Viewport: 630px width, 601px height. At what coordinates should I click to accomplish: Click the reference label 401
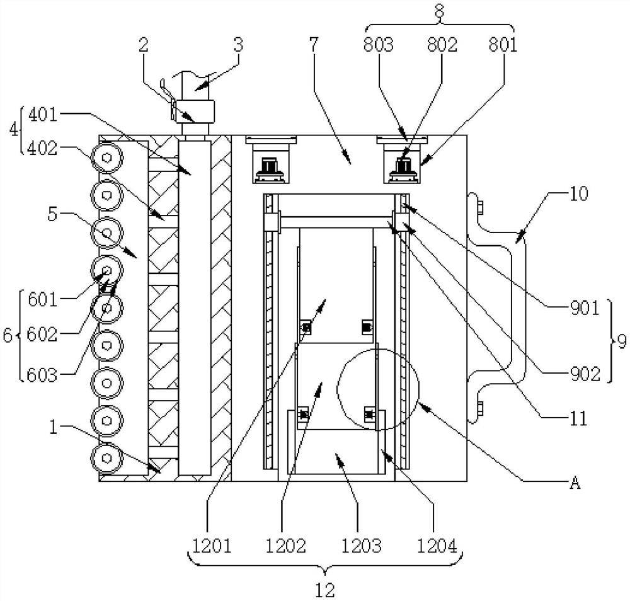(43, 115)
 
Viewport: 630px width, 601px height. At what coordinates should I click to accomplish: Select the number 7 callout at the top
(313, 44)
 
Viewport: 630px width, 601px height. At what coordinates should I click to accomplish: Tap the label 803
(378, 45)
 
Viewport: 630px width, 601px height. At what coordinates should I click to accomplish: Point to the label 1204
(437, 546)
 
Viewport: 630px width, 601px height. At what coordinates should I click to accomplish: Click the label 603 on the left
(42, 375)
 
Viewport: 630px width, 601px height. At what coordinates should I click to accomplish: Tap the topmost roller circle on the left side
(106, 158)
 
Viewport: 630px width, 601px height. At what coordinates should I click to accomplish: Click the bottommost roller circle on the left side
(106, 458)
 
